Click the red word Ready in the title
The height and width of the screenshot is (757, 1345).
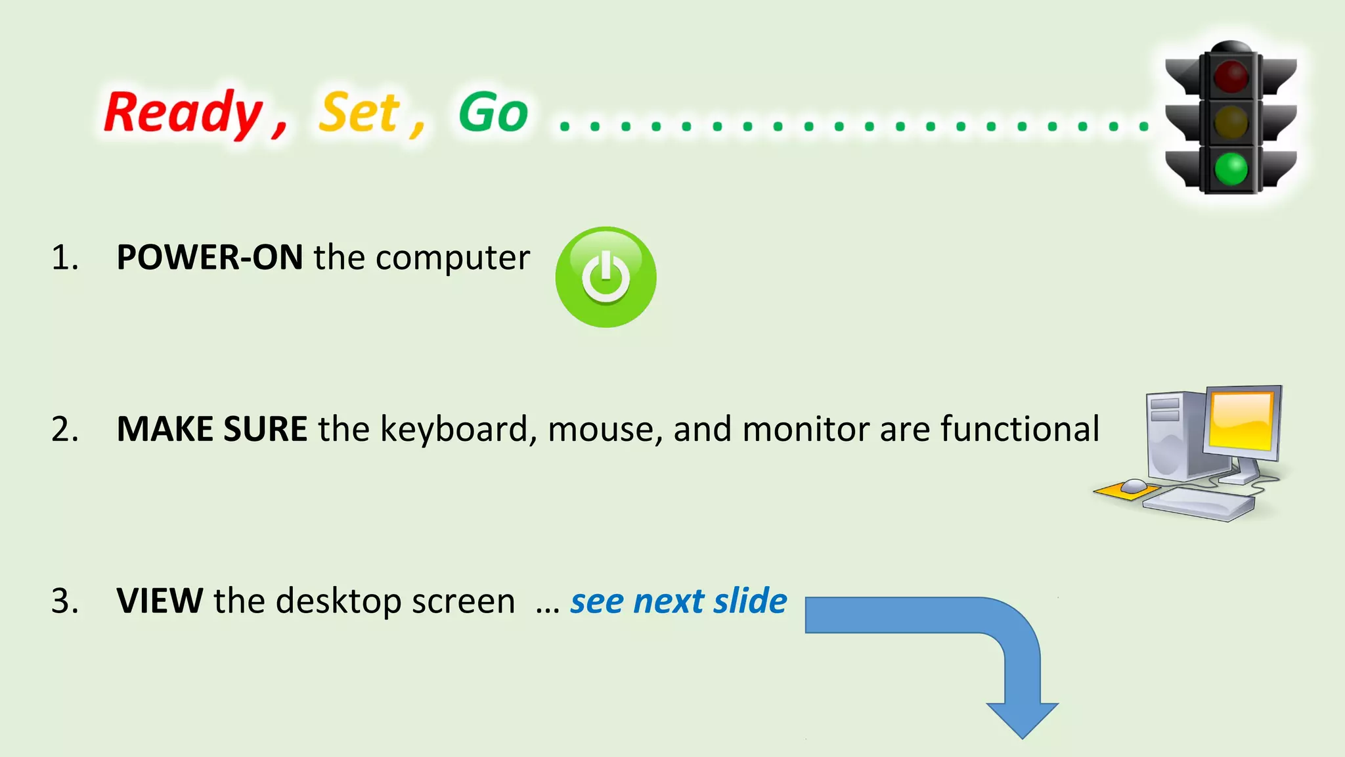[x=183, y=113]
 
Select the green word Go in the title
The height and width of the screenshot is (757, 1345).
[x=493, y=113]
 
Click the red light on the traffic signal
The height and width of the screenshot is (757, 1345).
[x=1231, y=76]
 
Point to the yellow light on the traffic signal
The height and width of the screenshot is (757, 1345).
[x=1231, y=122]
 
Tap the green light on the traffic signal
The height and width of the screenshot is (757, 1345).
[x=1231, y=168]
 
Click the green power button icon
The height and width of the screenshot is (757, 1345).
[x=606, y=277]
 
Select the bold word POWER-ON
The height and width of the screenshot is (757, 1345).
[x=209, y=257]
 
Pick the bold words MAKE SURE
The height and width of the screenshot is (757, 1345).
[x=212, y=429]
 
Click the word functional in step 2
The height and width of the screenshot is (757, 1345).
[x=1020, y=429]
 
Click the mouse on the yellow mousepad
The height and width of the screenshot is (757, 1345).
[x=1134, y=486]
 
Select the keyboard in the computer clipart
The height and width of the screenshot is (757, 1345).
[x=1199, y=504]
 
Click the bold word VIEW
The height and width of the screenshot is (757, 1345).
[x=160, y=601]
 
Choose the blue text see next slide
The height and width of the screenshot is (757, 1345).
[x=678, y=601]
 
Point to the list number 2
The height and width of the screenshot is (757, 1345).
[x=64, y=430]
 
